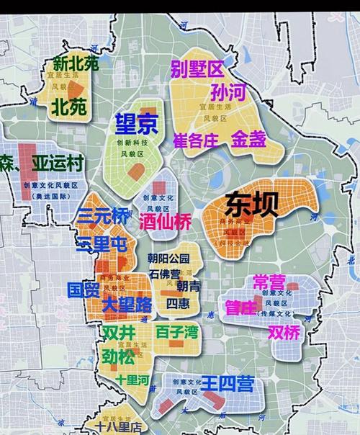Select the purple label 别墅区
coord(197,70)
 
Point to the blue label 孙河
coord(229,93)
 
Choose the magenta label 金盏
coord(248,140)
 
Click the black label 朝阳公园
coord(169,259)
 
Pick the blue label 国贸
coord(83,290)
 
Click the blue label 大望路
coord(127,305)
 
